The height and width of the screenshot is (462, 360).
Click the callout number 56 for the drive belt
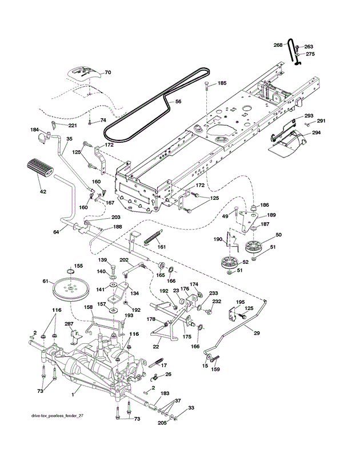pyautogui.click(x=178, y=101)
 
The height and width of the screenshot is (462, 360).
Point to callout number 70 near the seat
pyautogui.click(x=107, y=73)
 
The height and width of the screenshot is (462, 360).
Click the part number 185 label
pyautogui.click(x=222, y=83)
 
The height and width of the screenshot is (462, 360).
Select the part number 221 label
pyautogui.click(x=73, y=126)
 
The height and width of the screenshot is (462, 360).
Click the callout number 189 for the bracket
pyautogui.click(x=271, y=215)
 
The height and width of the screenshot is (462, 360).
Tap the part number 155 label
pyautogui.click(x=78, y=266)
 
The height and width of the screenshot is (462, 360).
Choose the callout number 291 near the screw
pyautogui.click(x=321, y=120)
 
